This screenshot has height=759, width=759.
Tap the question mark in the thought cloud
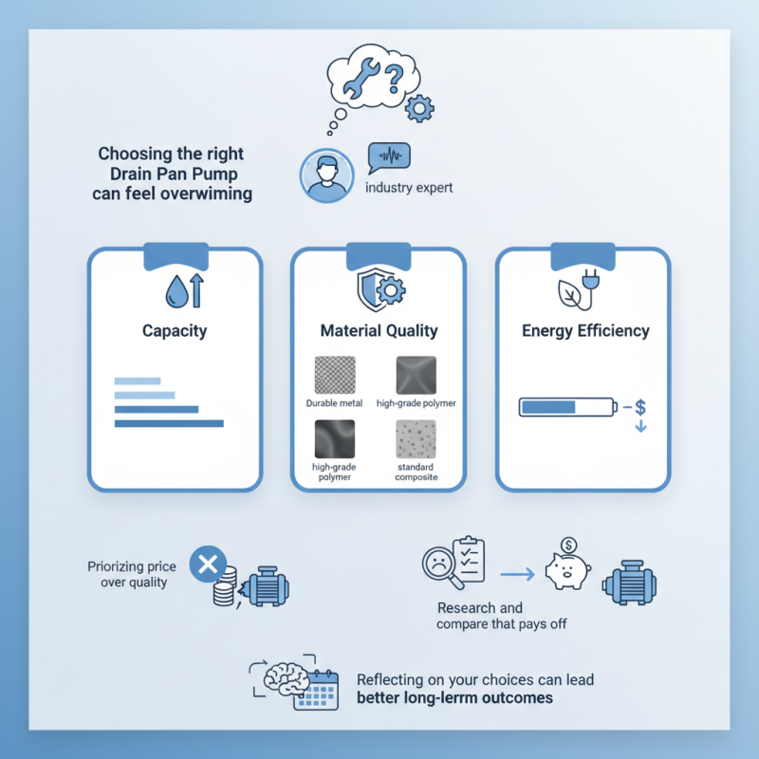click(394, 79)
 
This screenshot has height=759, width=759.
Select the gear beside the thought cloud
click(419, 108)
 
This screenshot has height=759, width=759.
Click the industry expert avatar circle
click(326, 176)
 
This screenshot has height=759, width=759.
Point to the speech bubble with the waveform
click(389, 157)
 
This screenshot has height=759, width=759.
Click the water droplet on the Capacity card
click(176, 292)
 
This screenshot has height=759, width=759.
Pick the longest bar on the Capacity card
click(169, 423)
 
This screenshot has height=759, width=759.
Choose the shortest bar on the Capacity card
click(138, 381)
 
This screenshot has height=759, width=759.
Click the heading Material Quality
click(379, 330)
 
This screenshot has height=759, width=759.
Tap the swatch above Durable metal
click(335, 375)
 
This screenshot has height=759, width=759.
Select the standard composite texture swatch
click(416, 439)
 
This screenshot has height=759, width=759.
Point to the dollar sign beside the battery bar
click(640, 408)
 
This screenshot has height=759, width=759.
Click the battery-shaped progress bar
click(567, 407)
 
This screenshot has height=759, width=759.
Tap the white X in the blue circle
click(208, 565)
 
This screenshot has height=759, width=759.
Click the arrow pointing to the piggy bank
click(517, 575)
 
